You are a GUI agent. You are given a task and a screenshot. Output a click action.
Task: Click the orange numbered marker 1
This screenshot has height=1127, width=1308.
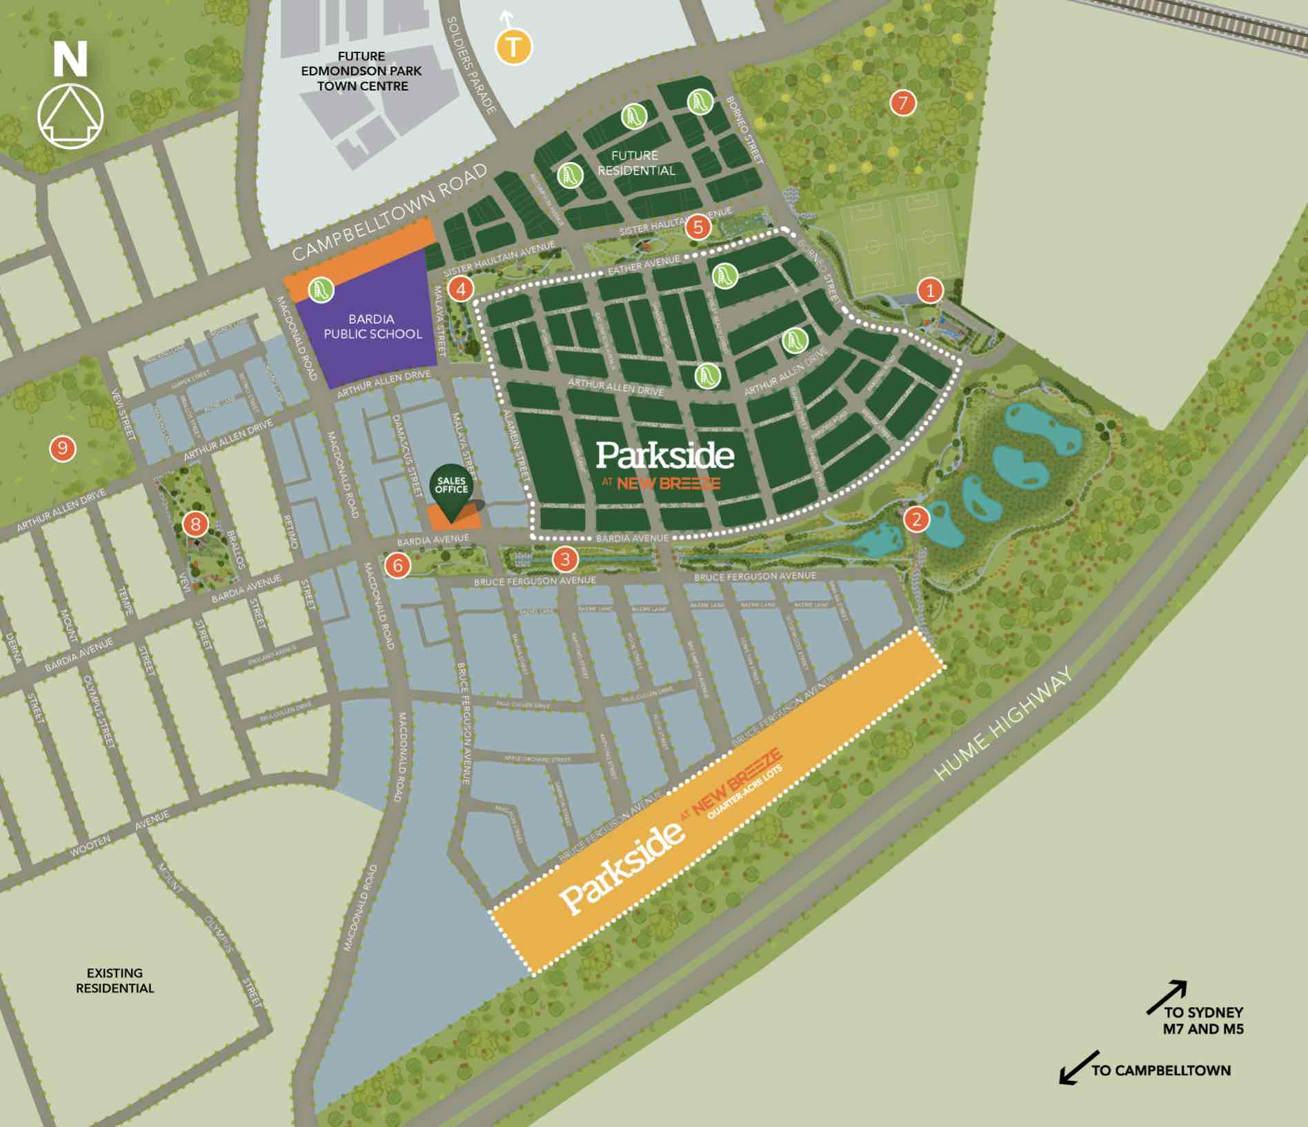pyautogui.click(x=930, y=290)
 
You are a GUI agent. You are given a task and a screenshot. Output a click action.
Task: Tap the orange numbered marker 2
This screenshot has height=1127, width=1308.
pyautogui.click(x=916, y=519)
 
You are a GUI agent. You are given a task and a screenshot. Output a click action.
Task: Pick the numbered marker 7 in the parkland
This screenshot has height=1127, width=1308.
pyautogui.click(x=902, y=103)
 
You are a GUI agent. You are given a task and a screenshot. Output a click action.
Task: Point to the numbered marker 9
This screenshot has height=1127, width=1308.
pyautogui.click(x=63, y=449)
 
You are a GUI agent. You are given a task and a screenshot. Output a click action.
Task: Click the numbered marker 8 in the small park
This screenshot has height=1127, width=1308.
pyautogui.click(x=195, y=525)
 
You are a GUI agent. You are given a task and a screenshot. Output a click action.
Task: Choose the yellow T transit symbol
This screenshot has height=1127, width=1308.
pyautogui.click(x=513, y=48)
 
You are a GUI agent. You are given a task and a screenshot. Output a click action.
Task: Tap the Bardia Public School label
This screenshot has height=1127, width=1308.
pyautogui.click(x=373, y=326)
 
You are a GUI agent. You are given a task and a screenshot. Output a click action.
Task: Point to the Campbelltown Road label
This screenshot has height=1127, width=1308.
pyautogui.click(x=390, y=213)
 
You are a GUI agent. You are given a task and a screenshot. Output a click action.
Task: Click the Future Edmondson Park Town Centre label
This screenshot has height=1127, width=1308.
pyautogui.click(x=361, y=71)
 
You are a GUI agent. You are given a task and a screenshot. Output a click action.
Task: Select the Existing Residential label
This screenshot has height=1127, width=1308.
pyautogui.click(x=115, y=980)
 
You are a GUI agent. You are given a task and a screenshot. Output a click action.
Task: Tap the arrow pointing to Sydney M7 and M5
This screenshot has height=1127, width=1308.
pyautogui.click(x=1167, y=997)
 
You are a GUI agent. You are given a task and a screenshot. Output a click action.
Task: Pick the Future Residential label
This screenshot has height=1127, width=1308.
pyautogui.click(x=635, y=163)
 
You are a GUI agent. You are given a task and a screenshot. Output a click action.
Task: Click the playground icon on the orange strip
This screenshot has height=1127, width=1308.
pyautogui.click(x=320, y=289)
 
